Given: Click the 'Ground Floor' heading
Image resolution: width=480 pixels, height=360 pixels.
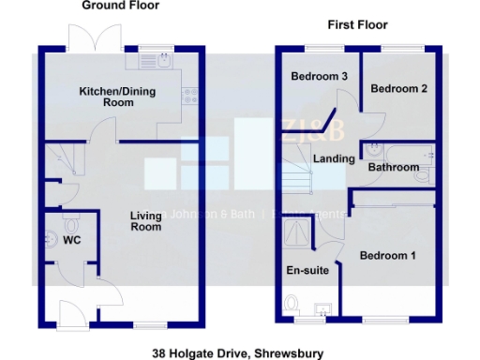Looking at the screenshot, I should pos(120,6).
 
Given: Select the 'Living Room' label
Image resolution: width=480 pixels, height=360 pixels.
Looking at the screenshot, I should pos(145,221).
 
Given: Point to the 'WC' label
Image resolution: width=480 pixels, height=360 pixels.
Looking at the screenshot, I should pos(72,241).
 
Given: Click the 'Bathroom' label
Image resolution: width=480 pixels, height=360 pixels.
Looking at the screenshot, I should pos(393,167).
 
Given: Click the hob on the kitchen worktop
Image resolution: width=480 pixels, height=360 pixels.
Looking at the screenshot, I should pos(190,94).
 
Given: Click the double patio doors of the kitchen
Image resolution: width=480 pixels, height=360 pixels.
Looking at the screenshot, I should pos(94,38).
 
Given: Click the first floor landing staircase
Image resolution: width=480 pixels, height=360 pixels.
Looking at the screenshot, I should pos(299,173).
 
